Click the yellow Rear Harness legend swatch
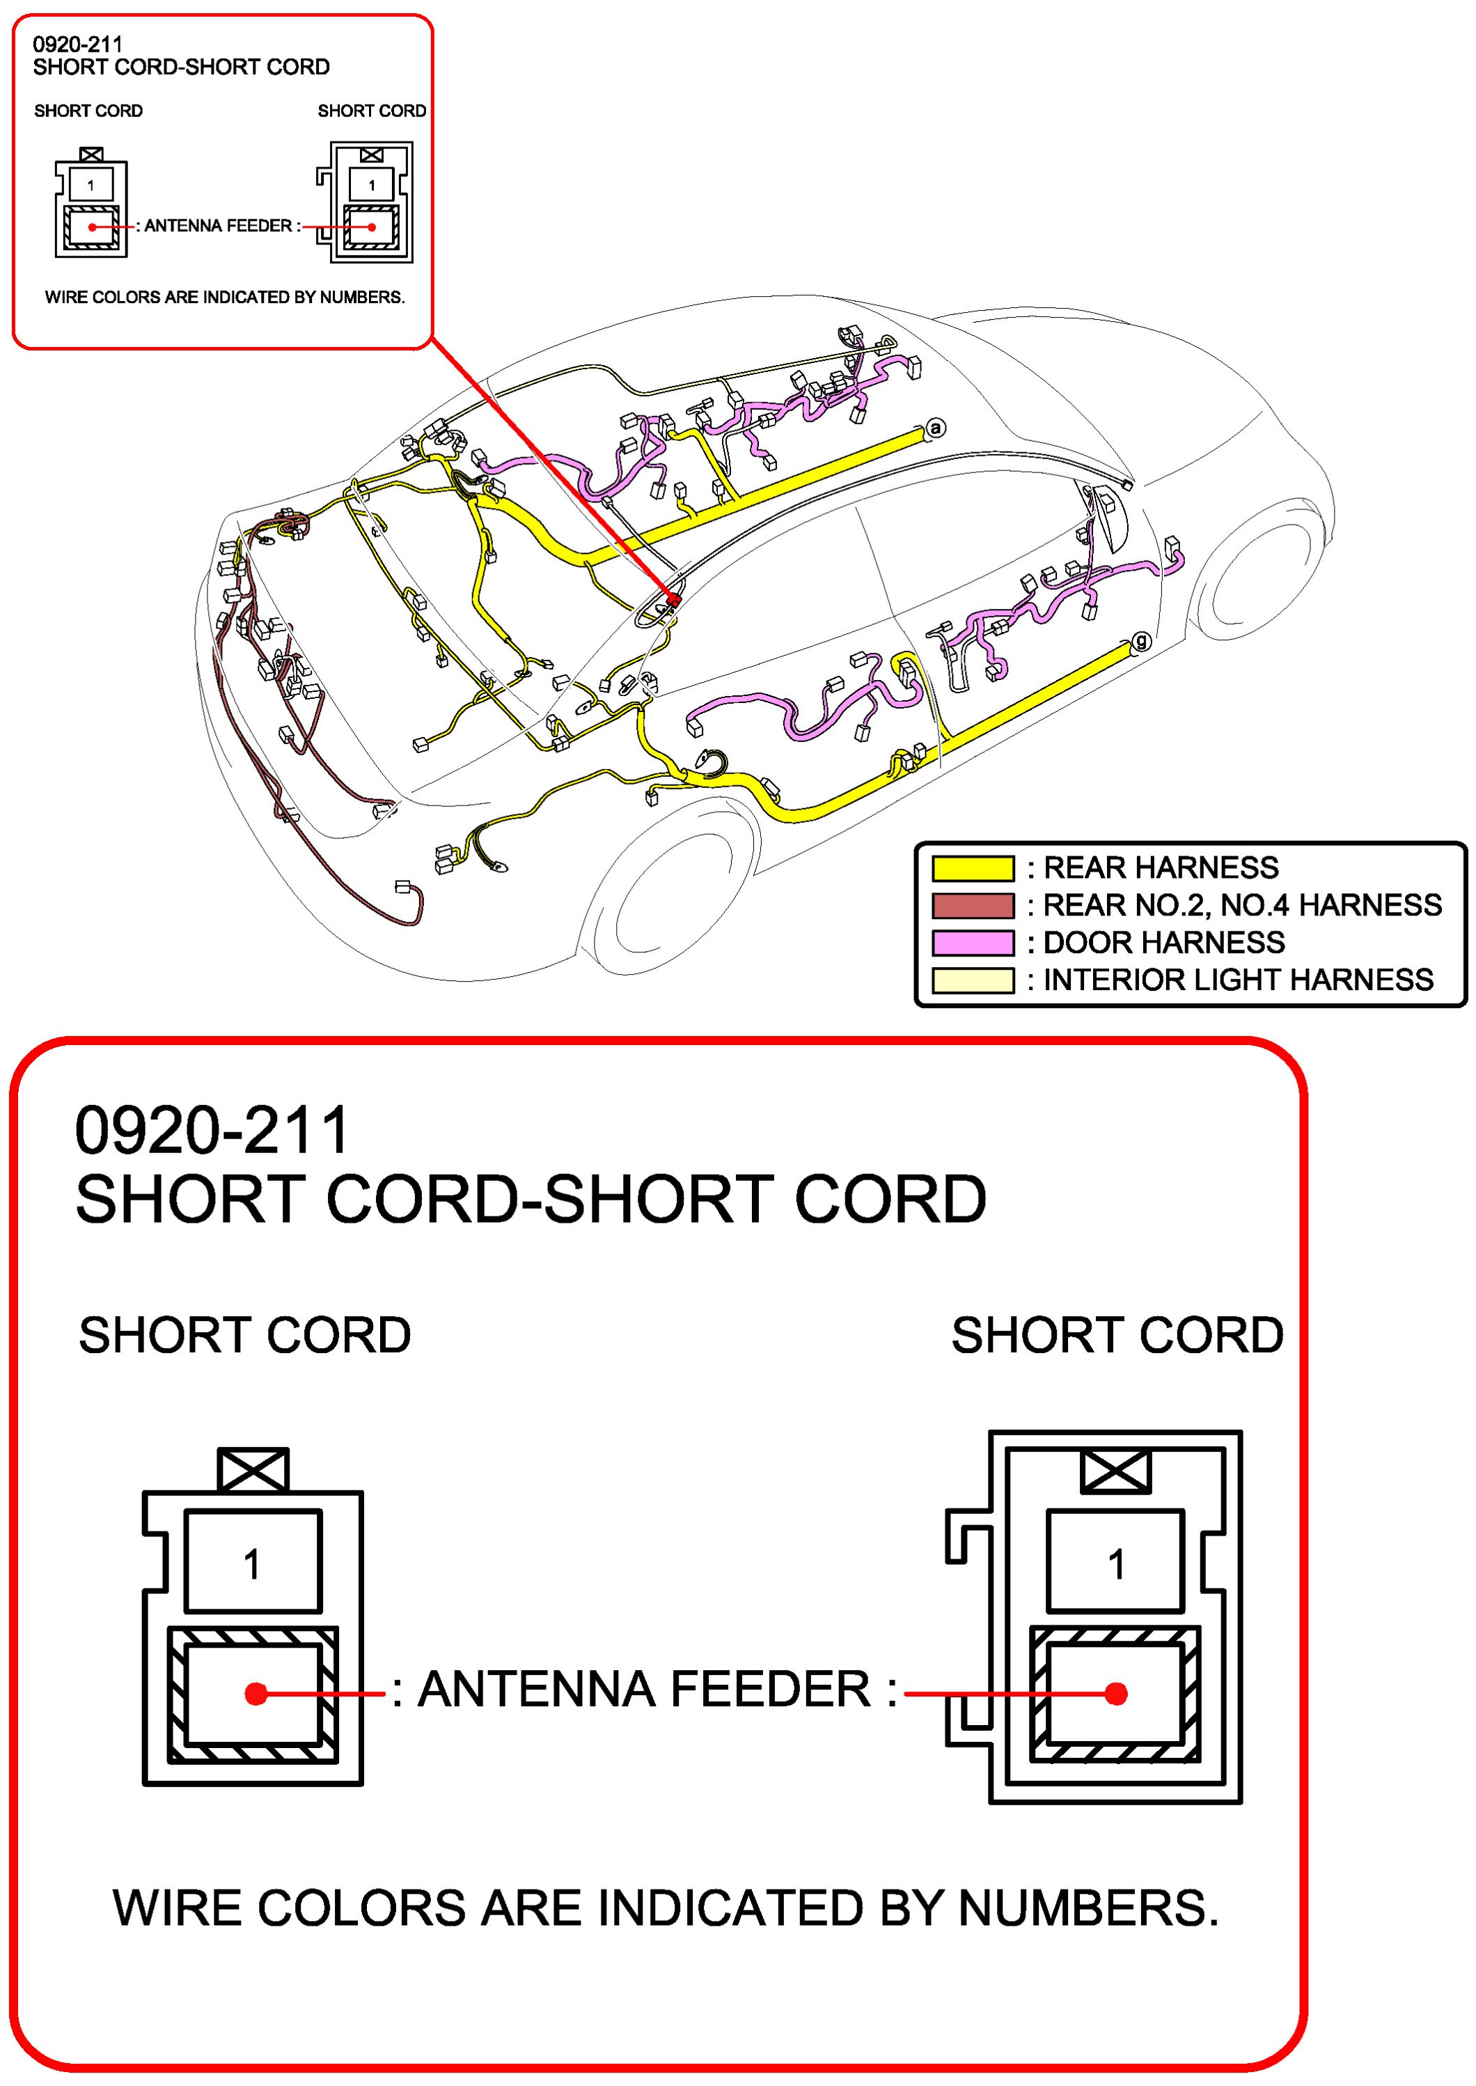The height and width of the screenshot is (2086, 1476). pos(973,868)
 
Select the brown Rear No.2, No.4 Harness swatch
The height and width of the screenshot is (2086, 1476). pos(973,906)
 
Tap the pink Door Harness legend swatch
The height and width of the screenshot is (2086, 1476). pos(973,943)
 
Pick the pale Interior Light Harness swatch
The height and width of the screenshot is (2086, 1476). pos(973,980)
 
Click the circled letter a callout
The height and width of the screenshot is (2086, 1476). pos(935,427)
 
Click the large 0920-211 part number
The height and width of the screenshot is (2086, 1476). pos(212,1130)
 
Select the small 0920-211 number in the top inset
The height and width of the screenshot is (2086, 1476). pos(77,44)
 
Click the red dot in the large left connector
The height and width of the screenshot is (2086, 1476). pos(256,1693)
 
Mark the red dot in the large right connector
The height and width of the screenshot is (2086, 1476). pos(1116,1693)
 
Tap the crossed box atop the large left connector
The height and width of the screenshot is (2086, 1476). pos(253,1469)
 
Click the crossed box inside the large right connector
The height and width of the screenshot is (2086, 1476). pos(1115,1470)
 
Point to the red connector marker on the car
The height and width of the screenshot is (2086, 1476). pos(673,600)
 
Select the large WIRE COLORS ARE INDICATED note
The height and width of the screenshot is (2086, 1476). pos(666,1908)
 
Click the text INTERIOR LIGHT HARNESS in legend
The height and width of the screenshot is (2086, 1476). pos(1238,980)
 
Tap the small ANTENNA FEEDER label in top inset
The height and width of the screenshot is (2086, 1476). pos(218,226)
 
